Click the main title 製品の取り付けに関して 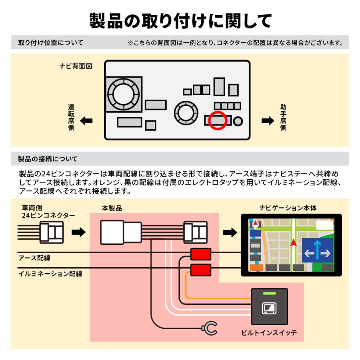point(180,20)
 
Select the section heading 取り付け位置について point(51,43)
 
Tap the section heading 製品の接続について point(48,159)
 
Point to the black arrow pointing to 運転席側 point(86,120)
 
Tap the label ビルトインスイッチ point(270,332)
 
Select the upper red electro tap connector point(200,254)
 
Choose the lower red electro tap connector point(200,270)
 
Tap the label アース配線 point(34,258)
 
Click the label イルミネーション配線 point(50,274)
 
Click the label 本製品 point(112,208)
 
